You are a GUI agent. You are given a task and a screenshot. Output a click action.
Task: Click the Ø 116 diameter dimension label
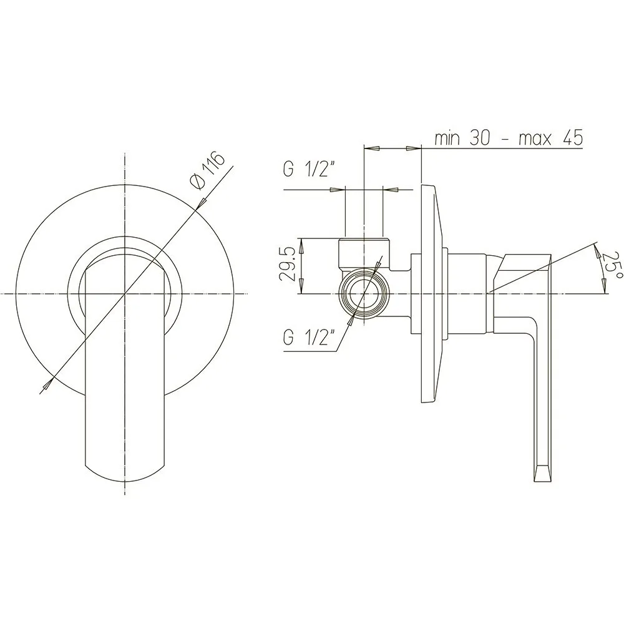pos(208,170)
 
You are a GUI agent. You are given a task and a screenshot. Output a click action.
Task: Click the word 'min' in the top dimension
pos(447,138)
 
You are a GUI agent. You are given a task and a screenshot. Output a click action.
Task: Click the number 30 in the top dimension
pos(479,138)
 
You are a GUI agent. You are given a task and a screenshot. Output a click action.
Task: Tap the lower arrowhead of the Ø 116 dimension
pos(48,383)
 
